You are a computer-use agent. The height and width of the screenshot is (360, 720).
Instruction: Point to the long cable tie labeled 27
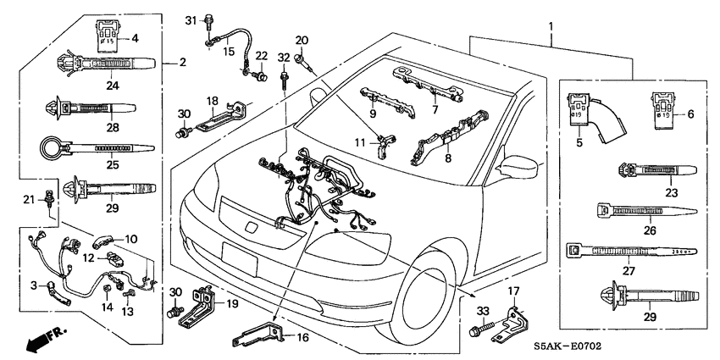point(631,252)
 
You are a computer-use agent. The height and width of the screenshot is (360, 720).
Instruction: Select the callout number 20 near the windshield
point(302,40)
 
